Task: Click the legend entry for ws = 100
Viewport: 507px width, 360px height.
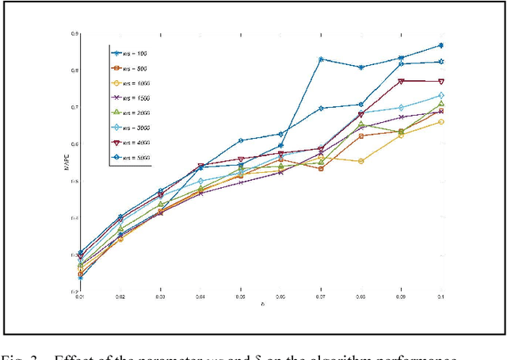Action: pos(139,53)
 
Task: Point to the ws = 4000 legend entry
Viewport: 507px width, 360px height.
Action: pos(139,143)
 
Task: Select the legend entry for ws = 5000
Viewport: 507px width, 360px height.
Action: pos(139,158)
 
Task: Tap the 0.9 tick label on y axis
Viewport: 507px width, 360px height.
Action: pos(74,34)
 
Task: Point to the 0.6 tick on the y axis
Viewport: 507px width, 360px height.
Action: pos(74,144)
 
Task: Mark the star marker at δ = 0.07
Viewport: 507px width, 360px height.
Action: pos(321,59)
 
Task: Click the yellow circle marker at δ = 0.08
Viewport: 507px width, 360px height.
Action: pos(361,161)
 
